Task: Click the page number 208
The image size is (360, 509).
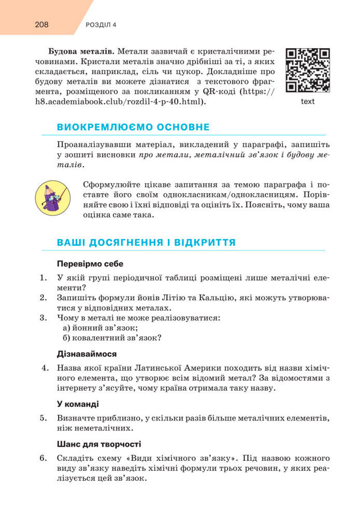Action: pos(43,24)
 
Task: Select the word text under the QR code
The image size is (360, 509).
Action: pos(308,101)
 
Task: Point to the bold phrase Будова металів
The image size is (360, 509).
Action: pos(79,52)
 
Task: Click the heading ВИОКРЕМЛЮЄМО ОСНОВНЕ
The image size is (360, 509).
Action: pos(133,127)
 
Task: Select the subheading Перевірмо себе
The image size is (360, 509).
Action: pos(90,263)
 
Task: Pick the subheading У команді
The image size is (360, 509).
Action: pos(78,404)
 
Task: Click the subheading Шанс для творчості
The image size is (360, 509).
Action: pos(98,444)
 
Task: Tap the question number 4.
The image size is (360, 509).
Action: pos(45,368)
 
